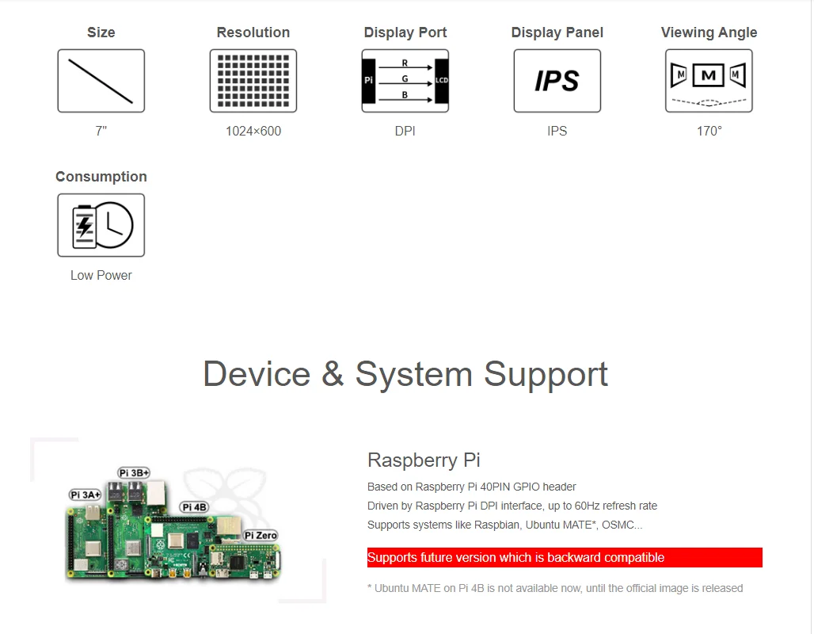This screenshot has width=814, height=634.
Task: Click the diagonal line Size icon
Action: [101, 81]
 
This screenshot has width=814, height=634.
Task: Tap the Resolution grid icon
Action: [253, 81]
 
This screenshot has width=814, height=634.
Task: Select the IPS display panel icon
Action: [557, 81]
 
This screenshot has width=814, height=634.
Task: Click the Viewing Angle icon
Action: [709, 81]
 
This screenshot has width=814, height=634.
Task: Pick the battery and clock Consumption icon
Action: [101, 225]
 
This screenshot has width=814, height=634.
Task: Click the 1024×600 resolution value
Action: [253, 132]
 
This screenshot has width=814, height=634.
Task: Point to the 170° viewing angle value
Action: [709, 132]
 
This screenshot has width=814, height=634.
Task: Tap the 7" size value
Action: [101, 132]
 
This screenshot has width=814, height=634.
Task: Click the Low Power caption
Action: [101, 276]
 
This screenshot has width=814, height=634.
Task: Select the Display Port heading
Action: [405, 32]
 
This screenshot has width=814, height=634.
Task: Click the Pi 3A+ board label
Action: [86, 495]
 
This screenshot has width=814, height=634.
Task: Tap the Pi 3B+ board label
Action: [134, 472]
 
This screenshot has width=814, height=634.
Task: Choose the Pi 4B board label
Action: [194, 507]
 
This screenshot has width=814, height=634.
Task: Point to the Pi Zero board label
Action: [261, 536]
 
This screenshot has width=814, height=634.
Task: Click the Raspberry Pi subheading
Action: [424, 460]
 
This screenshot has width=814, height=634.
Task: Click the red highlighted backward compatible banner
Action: [565, 558]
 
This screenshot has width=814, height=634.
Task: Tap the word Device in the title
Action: [257, 374]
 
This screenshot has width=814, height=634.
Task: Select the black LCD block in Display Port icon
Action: [441, 81]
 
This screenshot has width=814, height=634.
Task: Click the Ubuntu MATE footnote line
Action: [555, 588]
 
